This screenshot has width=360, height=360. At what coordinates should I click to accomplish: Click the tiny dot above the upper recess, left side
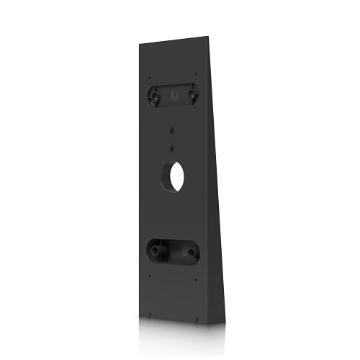[149, 76]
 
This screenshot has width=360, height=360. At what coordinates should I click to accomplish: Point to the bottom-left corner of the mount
[139, 311]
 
